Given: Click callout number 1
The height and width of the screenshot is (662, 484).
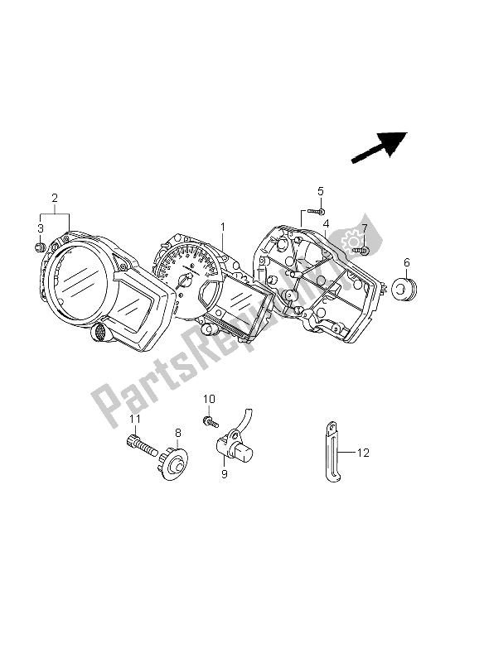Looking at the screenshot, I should pyautogui.click(x=222, y=226).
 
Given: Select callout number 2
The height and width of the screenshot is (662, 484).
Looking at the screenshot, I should pyautogui.click(x=54, y=199).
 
